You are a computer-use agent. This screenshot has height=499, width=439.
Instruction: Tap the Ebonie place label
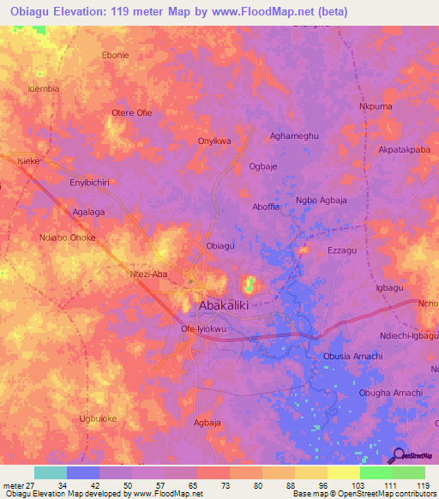tap(115, 55)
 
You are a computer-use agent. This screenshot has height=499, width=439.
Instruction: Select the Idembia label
tap(43, 88)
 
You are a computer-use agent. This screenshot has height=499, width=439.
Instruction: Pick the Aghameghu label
tap(293, 135)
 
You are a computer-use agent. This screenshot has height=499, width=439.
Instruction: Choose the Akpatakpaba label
tap(403, 149)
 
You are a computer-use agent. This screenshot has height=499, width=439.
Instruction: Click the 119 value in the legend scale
tap(419, 487)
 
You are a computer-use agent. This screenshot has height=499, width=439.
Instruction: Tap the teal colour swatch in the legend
tap(50, 472)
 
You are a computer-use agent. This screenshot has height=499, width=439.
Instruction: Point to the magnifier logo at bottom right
tap(397, 455)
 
